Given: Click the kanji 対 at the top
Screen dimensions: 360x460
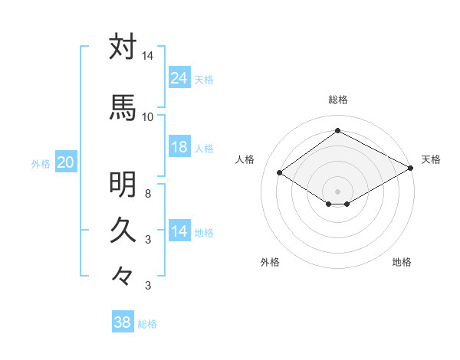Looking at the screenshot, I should coord(123,47).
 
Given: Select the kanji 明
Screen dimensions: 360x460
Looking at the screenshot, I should coord(123,185).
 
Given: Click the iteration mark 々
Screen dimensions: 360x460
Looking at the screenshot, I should coord(123,275).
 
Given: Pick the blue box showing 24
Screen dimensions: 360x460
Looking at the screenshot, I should coord(179,78).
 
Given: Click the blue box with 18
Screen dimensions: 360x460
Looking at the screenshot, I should coord(179,147).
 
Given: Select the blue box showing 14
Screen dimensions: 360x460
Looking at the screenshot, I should coord(179,232).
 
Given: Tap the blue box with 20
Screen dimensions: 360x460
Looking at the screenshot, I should coord(65,162).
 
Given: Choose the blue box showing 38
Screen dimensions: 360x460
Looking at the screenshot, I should coord(123,322).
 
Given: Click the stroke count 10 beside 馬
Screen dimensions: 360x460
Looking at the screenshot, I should coord(147,116).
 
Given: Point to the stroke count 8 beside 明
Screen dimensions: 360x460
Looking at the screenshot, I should coord(148,194).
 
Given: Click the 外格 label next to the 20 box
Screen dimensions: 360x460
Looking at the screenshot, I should coord(41,163).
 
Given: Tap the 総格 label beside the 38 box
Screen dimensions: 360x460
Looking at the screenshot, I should coord(147,324).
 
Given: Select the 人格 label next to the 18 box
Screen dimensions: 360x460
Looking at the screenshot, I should coord(204,148).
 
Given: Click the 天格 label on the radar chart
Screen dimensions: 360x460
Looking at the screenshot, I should coord(431,159).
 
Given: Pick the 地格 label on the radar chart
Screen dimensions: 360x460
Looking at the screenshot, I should coord(402,262).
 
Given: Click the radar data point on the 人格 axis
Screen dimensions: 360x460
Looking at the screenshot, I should coord(280,173).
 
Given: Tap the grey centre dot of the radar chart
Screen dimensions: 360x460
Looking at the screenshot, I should coord(337,190).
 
